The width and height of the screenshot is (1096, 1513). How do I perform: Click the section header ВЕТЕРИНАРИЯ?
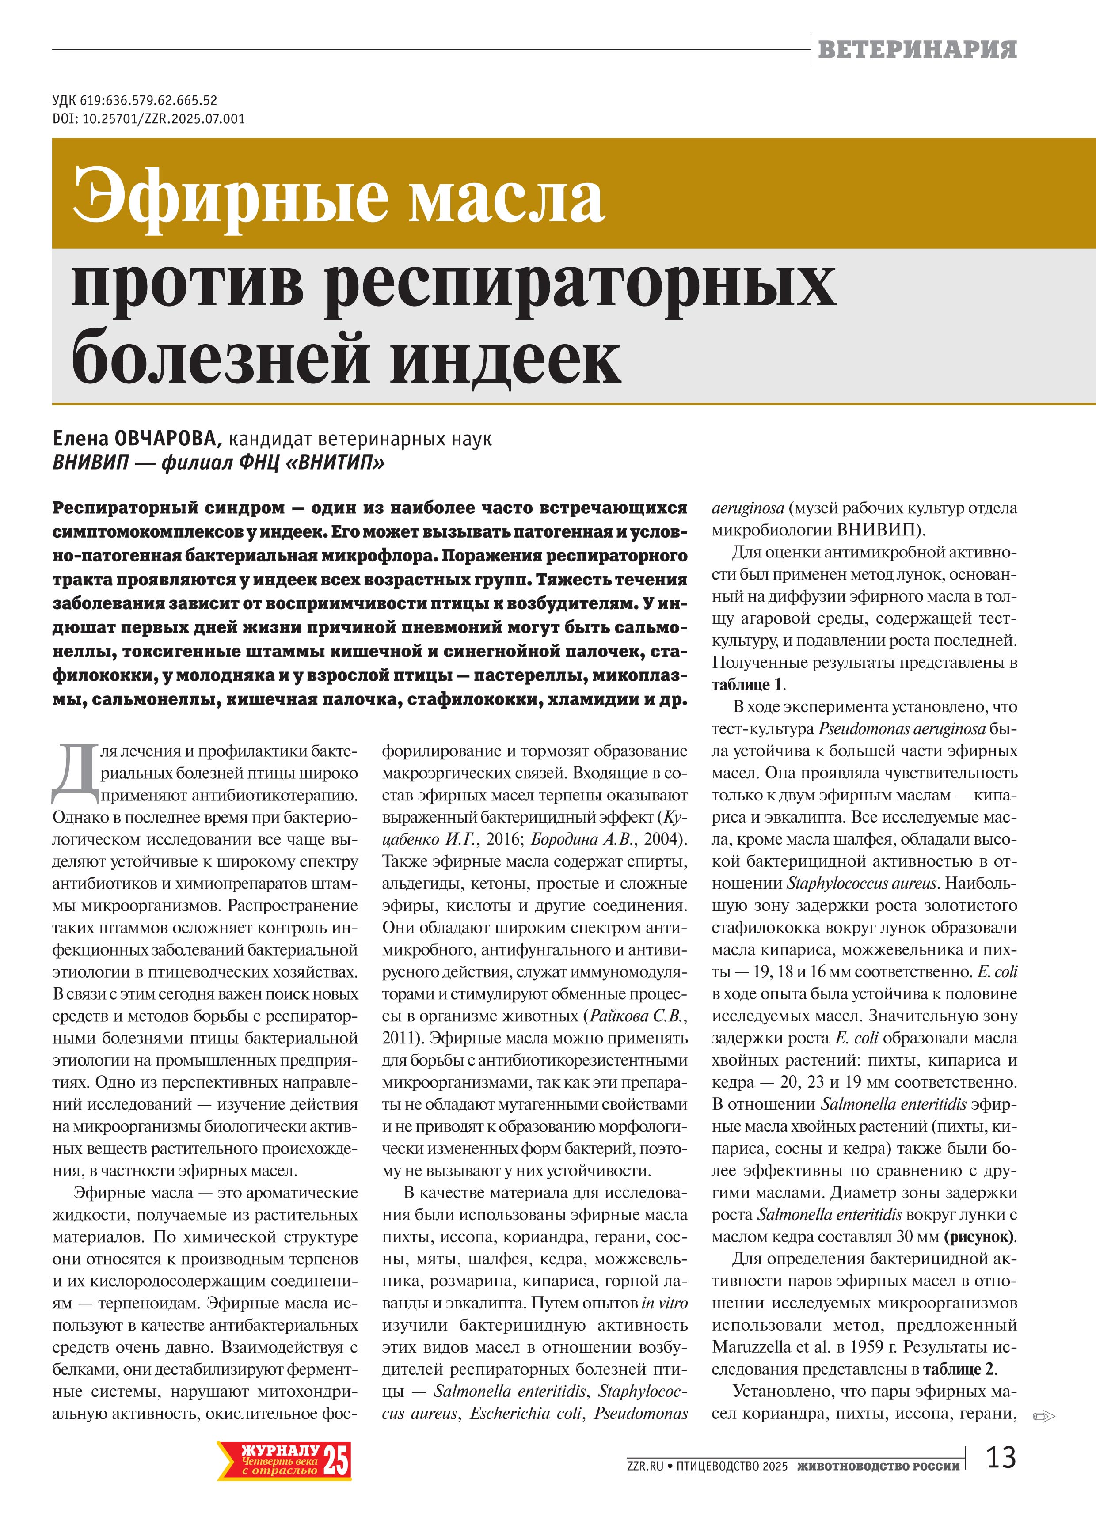(917, 49)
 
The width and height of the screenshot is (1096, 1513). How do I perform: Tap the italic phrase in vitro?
(665, 1303)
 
